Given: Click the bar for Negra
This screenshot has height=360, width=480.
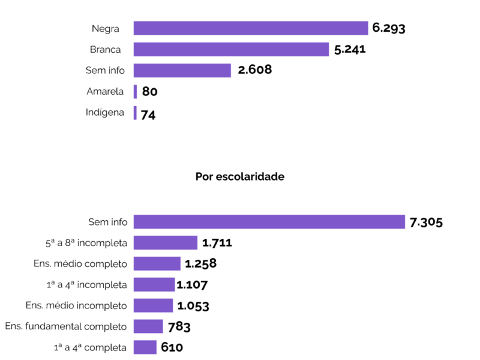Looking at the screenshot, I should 250,28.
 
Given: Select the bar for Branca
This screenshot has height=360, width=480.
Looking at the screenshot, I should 231,49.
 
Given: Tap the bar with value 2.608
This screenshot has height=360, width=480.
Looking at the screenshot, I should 182,70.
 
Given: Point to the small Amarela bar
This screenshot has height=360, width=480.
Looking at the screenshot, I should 135,92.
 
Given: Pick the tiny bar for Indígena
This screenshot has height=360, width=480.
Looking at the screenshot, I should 135,113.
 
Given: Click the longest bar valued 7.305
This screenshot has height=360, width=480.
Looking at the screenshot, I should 269,222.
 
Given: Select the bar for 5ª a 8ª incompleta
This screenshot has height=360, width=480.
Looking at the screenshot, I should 165,243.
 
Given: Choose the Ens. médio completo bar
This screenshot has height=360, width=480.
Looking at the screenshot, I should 157,264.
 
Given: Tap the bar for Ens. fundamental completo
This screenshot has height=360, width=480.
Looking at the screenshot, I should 148,326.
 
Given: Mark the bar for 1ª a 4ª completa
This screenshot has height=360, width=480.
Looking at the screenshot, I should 145,347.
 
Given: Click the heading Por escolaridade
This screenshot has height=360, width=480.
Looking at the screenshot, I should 240,177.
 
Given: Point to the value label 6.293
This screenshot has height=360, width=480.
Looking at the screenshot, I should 389,28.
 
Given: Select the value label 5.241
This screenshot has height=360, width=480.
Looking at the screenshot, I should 350,49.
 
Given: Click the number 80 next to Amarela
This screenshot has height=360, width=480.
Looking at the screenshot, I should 149,92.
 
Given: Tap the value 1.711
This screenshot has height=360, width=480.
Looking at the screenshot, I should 217,243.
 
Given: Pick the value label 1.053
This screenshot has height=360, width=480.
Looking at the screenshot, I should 193,306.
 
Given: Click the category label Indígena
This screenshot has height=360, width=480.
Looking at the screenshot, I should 105,113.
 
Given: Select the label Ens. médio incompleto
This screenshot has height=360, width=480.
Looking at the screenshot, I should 76,305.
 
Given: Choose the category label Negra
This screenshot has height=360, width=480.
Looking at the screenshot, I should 106,28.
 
